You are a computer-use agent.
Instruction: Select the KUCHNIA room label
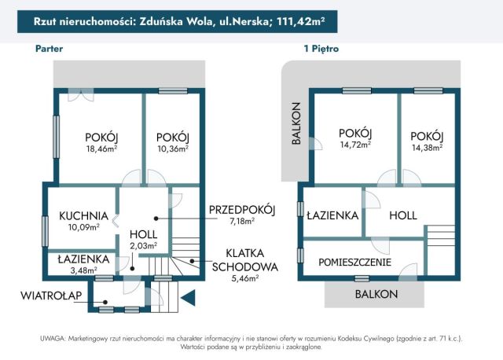click(83, 215)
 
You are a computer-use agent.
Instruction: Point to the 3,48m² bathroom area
click(83, 270)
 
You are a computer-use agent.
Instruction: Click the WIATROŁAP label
click(52, 296)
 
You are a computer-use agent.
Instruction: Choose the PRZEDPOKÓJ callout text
click(242, 209)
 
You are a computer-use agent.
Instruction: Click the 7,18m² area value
click(242, 222)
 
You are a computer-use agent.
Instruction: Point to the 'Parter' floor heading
click(49, 49)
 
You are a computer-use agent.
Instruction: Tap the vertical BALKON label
click(296, 124)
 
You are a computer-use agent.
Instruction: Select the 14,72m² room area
click(355, 145)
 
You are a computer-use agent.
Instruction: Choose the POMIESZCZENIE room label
click(354, 263)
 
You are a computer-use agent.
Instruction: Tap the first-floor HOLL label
click(402, 215)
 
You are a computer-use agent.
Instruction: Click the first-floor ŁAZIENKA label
click(332, 215)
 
